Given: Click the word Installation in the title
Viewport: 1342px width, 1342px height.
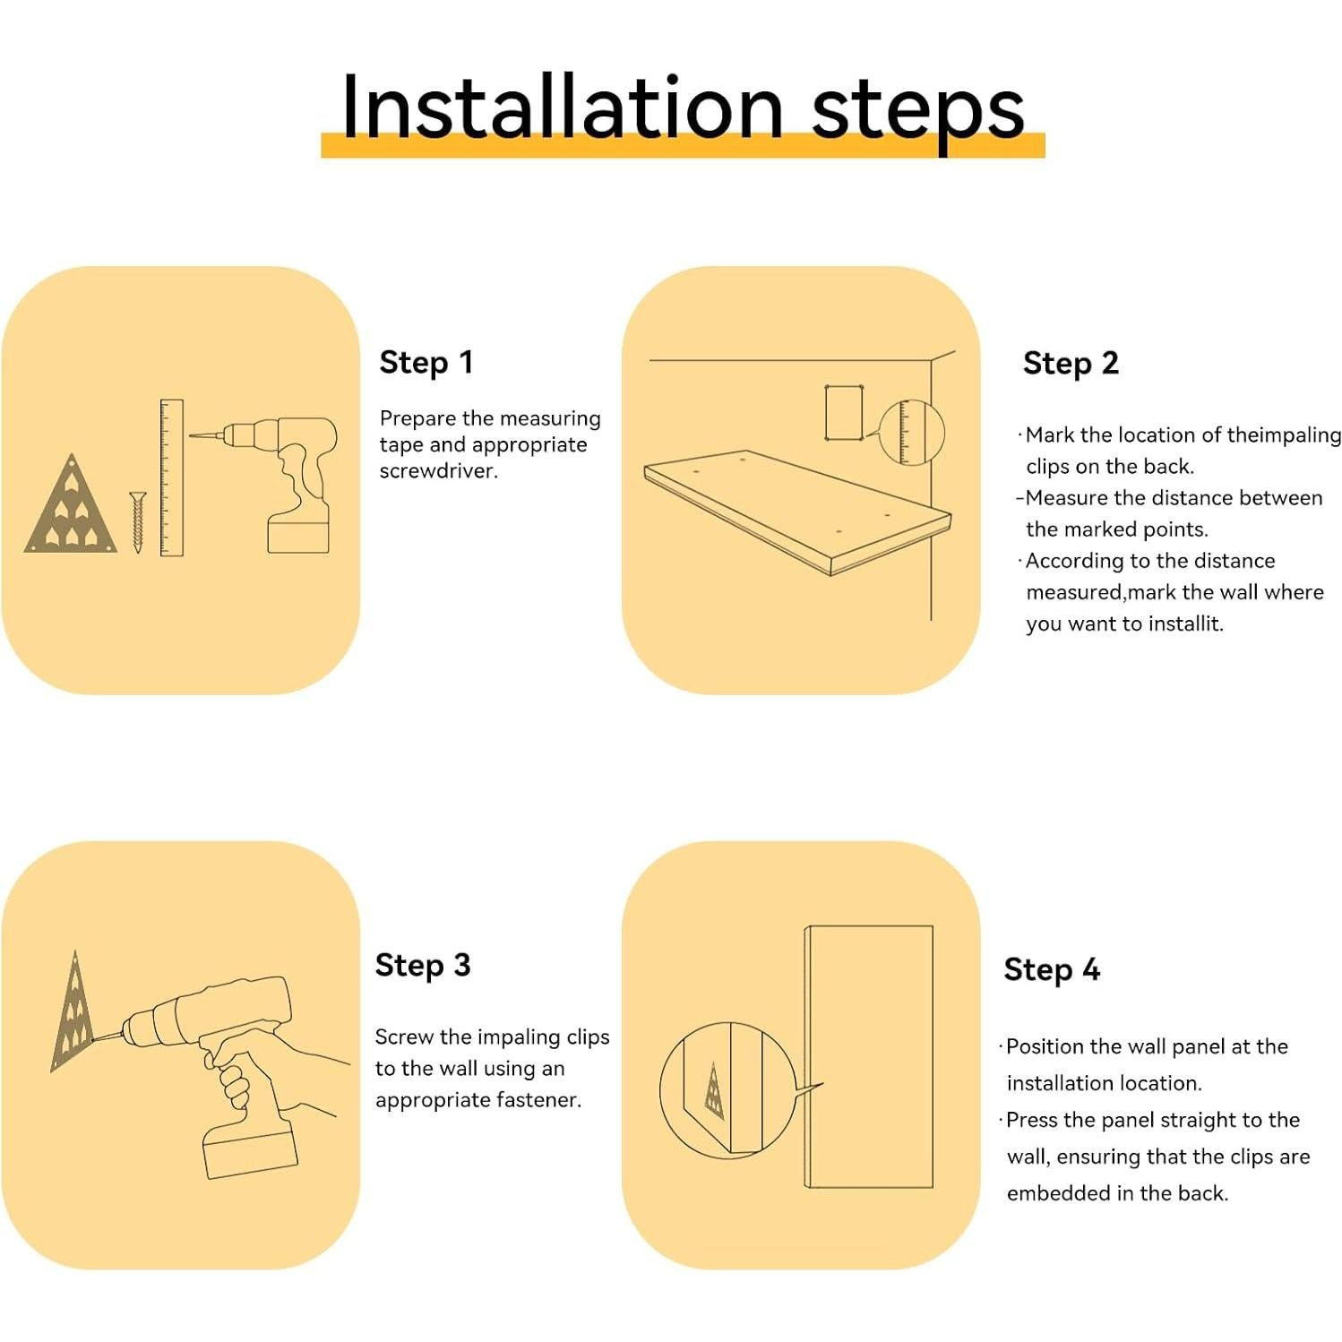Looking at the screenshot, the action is [x=563, y=108].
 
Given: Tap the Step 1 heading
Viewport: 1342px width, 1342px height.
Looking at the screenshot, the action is [x=426, y=362].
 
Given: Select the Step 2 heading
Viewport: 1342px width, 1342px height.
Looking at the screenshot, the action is [x=1071, y=363].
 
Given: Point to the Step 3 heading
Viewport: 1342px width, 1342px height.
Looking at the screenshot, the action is [x=423, y=965].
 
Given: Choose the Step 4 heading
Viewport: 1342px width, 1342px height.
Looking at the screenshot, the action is [x=1052, y=969].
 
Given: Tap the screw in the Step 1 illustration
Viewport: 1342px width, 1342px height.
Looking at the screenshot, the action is [x=137, y=521].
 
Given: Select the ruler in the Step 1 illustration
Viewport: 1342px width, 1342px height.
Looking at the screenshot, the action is [x=171, y=477].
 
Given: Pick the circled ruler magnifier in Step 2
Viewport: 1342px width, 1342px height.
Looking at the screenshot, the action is [x=911, y=433].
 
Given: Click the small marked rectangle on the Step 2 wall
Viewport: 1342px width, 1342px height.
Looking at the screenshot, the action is [x=843, y=412].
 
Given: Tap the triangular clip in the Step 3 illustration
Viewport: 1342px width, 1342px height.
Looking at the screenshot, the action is [x=72, y=1012].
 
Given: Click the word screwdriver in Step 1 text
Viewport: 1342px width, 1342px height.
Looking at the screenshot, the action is [x=438, y=471].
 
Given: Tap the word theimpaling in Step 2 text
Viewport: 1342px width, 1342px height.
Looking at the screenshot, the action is [x=1284, y=435].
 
